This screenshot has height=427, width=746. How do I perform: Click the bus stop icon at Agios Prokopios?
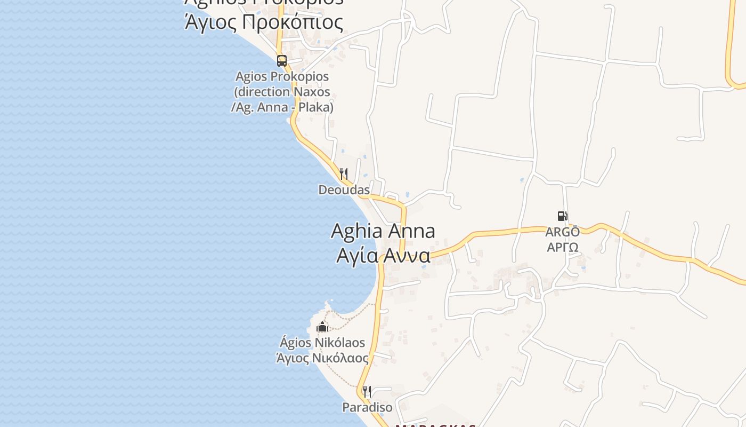pyautogui.click(x=282, y=61)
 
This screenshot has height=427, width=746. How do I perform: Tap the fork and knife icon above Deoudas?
pyautogui.click(x=344, y=174)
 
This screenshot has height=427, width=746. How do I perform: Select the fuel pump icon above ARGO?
pyautogui.click(x=562, y=216)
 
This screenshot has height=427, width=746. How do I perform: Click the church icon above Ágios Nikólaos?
pyautogui.click(x=322, y=327)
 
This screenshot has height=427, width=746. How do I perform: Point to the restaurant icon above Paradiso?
pyautogui.click(x=367, y=392)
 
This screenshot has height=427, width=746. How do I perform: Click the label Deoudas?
pyautogui.click(x=344, y=190)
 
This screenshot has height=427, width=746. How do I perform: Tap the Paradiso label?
pyautogui.click(x=367, y=408)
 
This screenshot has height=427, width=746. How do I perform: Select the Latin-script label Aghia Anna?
pyautogui.click(x=383, y=231)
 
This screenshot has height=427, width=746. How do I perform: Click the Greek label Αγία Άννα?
pyautogui.click(x=383, y=256)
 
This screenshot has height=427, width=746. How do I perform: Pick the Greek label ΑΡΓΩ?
pyautogui.click(x=562, y=248)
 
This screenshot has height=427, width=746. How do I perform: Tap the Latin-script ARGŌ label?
pyautogui.click(x=562, y=232)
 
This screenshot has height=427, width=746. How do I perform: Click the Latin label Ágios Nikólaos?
pyautogui.click(x=322, y=342)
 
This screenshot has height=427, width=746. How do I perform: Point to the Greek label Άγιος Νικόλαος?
pyautogui.click(x=322, y=358)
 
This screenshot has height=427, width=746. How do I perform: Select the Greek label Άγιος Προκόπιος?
pyautogui.click(x=264, y=22)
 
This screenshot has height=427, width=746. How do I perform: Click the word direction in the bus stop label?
pyautogui.click(x=261, y=92)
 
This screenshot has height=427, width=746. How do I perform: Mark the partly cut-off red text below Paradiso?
pyautogui.click(x=435, y=425)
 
